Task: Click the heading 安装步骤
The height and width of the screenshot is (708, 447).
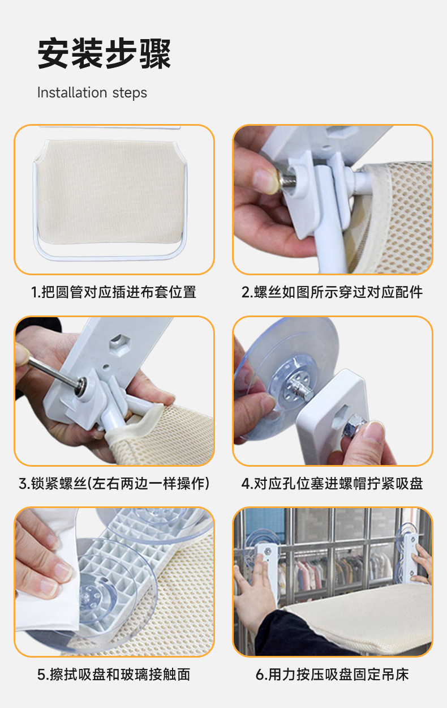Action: (x=104, y=53)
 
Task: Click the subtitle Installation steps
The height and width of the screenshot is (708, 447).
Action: (x=92, y=93)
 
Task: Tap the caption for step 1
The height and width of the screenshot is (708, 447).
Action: (x=114, y=292)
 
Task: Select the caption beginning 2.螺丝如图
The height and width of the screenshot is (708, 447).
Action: (x=332, y=292)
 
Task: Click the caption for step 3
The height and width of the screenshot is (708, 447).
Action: (x=114, y=484)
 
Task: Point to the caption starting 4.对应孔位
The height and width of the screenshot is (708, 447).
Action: (x=332, y=484)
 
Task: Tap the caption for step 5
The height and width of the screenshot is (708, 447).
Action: (x=114, y=674)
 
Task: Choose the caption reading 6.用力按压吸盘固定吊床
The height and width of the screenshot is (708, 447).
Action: (x=332, y=674)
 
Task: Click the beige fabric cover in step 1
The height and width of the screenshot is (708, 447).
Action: (x=110, y=191)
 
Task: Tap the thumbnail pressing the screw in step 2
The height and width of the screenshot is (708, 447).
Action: (x=266, y=181)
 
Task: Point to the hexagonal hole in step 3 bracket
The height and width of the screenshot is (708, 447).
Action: (x=119, y=343)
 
